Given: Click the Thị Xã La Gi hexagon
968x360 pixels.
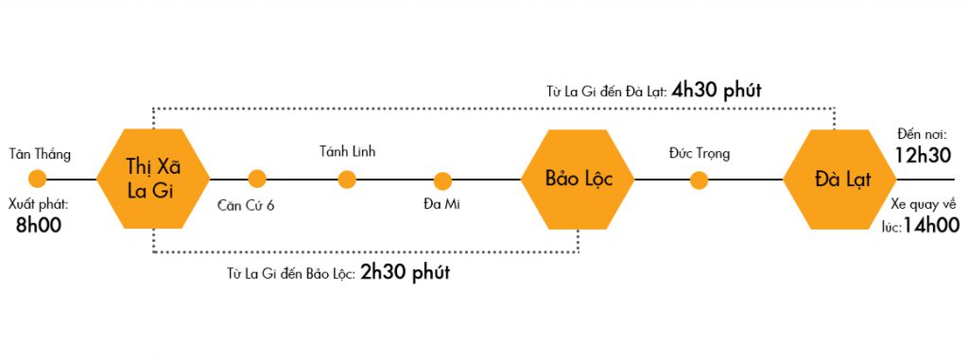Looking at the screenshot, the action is pos(154,179).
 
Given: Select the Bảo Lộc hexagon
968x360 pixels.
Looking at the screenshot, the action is pos(579,179).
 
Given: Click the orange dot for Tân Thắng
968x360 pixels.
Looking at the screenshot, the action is pos(38,179).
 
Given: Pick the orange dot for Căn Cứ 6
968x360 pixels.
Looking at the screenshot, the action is pos(257,179).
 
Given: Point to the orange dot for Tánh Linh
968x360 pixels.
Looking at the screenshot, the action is pos(347,179).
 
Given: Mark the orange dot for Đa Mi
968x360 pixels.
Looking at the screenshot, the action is pos(442,180).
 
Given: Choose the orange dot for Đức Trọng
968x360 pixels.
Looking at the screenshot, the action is pos(699,180).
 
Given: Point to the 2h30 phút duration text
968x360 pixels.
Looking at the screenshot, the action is pos(405,274).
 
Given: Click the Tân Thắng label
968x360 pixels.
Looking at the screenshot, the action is pos(40,153).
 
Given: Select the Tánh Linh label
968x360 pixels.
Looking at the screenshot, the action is pos(348,151).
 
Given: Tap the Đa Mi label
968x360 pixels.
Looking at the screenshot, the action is pos(443,203).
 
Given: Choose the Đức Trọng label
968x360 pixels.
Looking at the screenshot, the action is pos(699,153).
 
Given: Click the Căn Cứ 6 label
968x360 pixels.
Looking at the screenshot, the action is pos(245,204).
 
